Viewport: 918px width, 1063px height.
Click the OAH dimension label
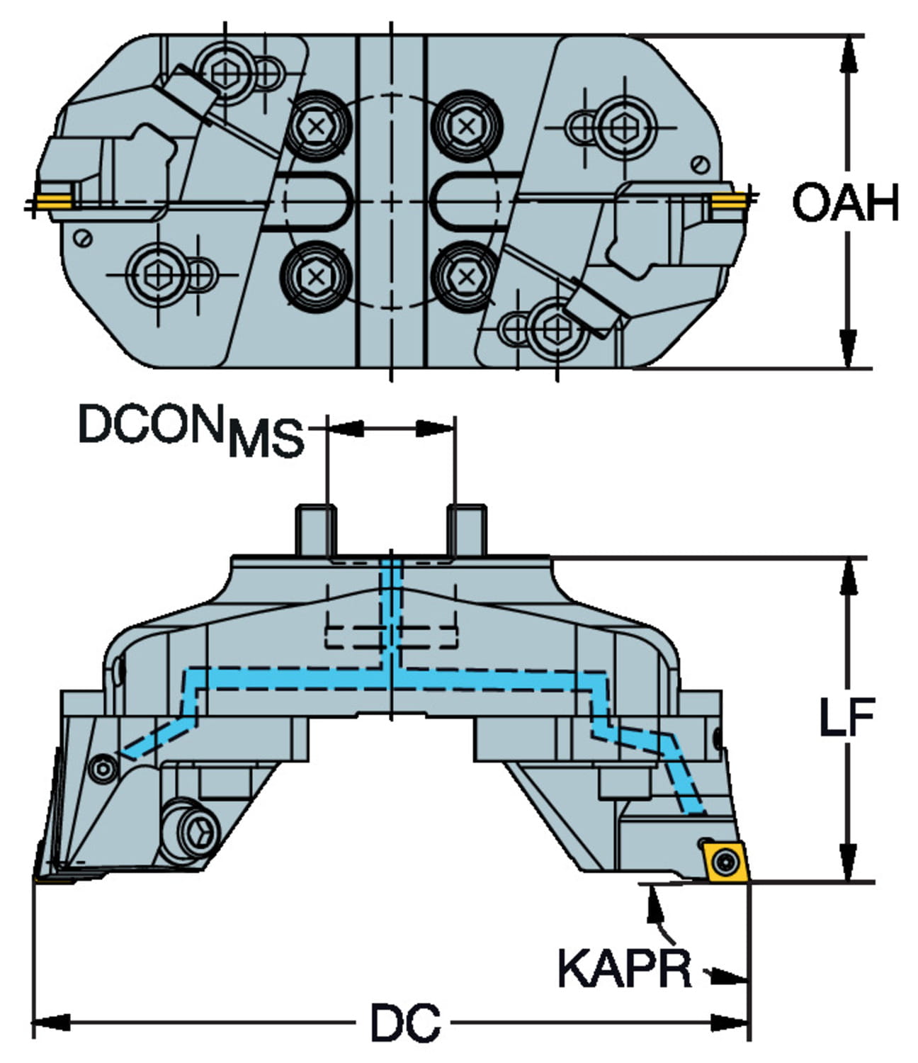(x=845, y=203)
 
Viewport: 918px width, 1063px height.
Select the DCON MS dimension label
(x=190, y=429)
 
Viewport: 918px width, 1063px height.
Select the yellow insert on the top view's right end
(x=727, y=202)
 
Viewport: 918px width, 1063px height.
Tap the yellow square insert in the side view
(x=722, y=862)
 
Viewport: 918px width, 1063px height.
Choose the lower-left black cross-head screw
(x=316, y=276)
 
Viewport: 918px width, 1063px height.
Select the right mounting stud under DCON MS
(x=467, y=530)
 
